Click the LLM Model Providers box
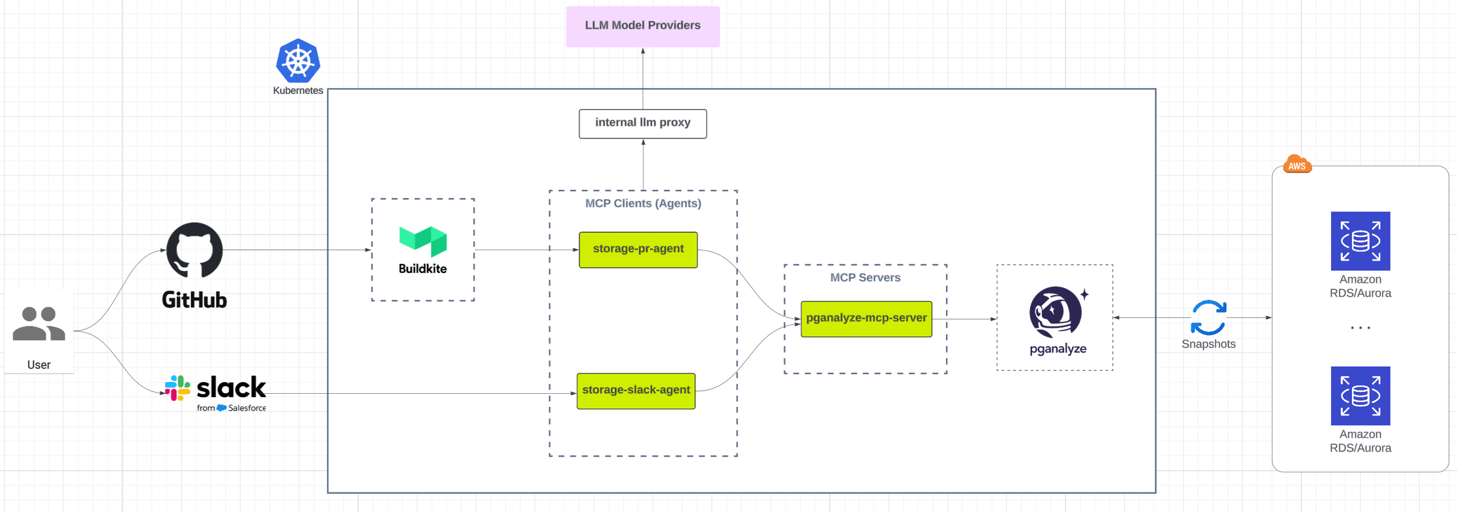click(642, 26)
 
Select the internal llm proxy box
click(642, 123)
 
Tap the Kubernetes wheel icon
click(298, 61)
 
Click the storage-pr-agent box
click(638, 249)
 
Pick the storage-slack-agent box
click(636, 391)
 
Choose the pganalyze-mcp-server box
click(866, 319)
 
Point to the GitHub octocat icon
click(195, 251)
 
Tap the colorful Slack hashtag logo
click(178, 388)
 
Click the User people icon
click(39, 323)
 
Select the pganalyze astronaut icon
click(1056, 312)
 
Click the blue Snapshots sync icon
click(1208, 317)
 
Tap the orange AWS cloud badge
click(1297, 165)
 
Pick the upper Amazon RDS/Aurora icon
click(1360, 241)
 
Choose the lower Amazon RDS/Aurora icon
click(1360, 396)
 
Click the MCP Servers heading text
click(865, 278)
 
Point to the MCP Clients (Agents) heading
click(643, 203)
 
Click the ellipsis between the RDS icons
click(1360, 328)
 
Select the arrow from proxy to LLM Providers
click(643, 78)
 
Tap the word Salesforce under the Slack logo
click(247, 408)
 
